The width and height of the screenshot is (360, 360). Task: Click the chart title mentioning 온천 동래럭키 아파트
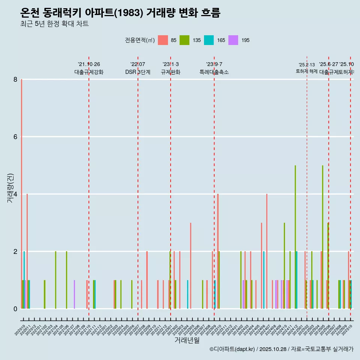pos(120,13)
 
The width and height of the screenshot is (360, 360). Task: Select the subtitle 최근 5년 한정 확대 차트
pos(54,24)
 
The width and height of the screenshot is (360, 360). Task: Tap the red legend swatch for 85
pos(163,40)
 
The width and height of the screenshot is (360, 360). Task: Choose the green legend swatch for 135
pos(184,40)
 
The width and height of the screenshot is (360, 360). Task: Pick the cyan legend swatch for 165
pos(209,40)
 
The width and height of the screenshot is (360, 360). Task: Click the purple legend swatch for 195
pos(233,40)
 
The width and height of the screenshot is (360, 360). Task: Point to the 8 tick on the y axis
pos(15,79)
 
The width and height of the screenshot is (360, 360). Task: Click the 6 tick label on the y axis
pos(15,137)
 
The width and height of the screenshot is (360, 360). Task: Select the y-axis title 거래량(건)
pos(10,188)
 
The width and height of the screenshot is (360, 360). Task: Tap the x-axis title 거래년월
pos(187,340)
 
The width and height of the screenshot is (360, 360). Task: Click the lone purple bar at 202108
pos(74,294)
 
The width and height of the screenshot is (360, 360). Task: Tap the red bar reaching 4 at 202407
pos(267,251)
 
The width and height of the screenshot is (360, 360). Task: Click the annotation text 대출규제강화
pos(88,72)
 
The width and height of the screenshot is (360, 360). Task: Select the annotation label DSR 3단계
pos(138,72)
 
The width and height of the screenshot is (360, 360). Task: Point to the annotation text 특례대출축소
pos(214,72)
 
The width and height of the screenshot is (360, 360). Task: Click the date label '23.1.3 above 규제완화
pos(170,64)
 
